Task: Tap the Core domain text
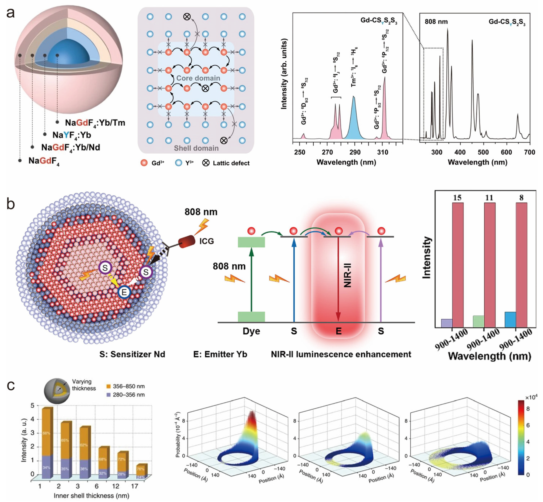(x=198, y=78)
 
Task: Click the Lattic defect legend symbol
(x=206, y=163)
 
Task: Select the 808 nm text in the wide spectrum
(x=436, y=22)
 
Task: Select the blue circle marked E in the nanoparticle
(x=124, y=292)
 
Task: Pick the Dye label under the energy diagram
(x=251, y=331)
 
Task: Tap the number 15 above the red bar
(x=457, y=198)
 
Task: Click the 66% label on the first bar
(x=46, y=433)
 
